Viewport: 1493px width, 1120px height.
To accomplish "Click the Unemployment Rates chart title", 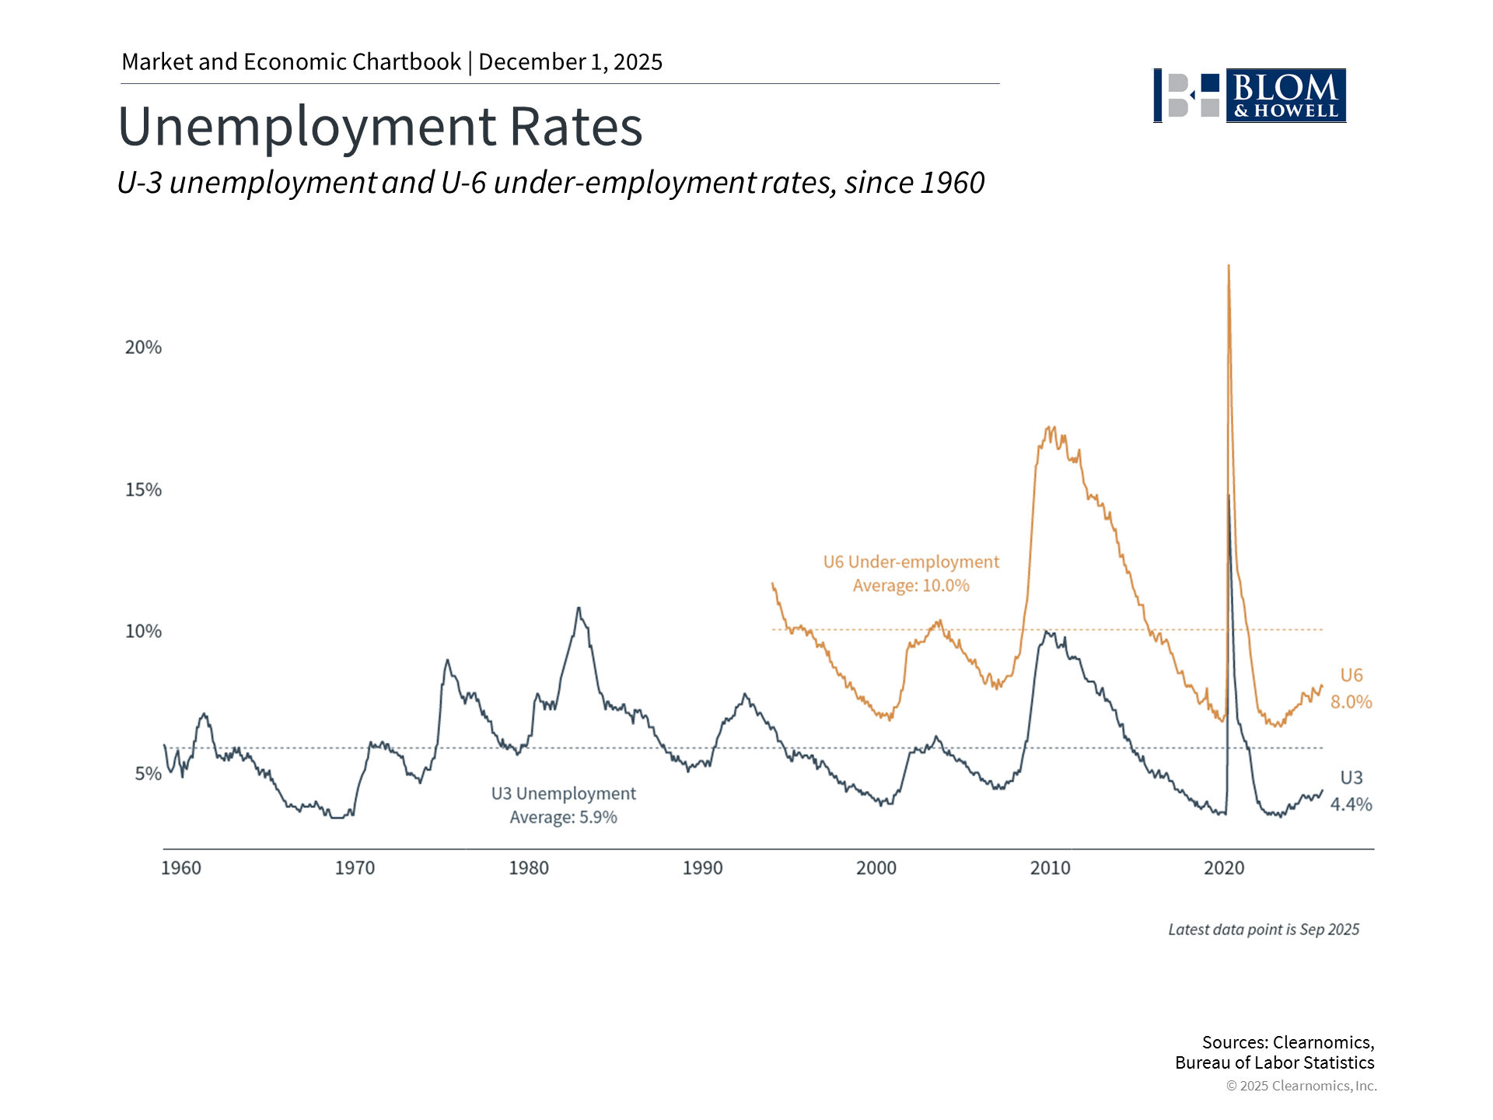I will click(380, 127).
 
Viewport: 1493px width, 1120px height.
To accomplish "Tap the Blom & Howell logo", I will click(1250, 96).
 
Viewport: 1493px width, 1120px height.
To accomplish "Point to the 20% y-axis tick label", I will click(143, 348).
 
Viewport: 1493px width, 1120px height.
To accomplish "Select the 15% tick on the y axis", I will click(143, 490).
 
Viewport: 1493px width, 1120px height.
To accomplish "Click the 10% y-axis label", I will click(143, 632).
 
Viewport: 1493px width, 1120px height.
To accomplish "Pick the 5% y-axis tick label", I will click(148, 774).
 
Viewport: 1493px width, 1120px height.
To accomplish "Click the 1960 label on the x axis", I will click(180, 868).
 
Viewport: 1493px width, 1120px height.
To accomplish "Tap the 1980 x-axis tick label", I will click(529, 868).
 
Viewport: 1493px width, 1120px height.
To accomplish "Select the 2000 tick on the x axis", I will click(876, 868).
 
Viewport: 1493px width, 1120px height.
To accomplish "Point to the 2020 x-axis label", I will click(1224, 868).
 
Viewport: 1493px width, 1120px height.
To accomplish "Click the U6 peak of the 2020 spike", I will click(1228, 267).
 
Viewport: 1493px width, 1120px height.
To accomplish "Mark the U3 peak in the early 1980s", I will click(578, 608).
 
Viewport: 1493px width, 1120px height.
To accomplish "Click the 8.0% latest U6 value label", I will click(1351, 702).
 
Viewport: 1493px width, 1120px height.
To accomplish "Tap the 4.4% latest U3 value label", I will click(1351, 805).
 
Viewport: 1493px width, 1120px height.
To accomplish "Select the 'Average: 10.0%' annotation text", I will click(911, 586).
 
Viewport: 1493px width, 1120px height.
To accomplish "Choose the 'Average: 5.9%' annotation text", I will click(563, 817).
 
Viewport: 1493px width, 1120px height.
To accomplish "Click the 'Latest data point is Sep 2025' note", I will click(1264, 929).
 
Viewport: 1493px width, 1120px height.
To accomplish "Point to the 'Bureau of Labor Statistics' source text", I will click(1274, 1063).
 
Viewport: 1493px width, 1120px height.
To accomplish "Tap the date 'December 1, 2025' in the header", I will click(570, 62).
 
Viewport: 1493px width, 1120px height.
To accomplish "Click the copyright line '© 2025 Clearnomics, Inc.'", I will click(1301, 1086).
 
